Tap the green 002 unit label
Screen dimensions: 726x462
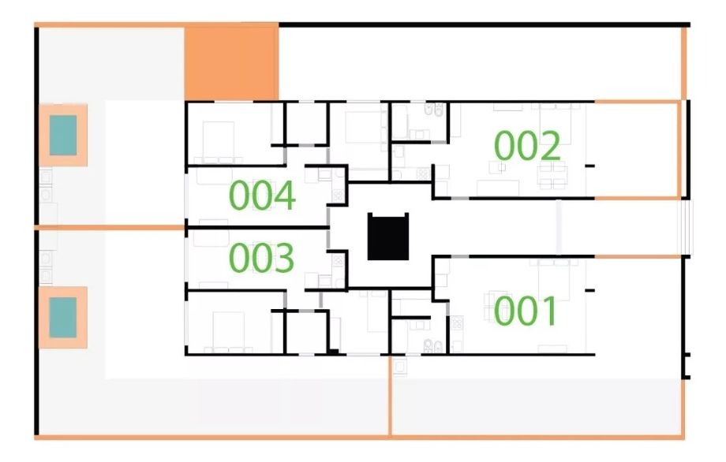pos(527,145)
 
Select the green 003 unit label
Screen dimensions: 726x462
pos(262,257)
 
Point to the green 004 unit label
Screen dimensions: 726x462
pos(262,196)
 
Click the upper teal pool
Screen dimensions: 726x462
pos(63,135)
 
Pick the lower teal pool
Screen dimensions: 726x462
pos(63,317)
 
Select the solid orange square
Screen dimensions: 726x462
pos(231,62)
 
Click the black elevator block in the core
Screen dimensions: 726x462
pos(388,237)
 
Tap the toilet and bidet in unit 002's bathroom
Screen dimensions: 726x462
pos(434,109)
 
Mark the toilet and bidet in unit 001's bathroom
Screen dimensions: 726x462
pos(433,345)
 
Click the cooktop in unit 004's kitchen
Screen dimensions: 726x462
pos(338,196)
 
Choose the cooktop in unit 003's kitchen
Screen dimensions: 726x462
pos(338,260)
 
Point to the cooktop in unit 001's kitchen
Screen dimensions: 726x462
pos(457,322)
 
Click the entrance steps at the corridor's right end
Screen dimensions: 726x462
pos(685,227)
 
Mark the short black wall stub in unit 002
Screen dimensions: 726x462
pos(589,166)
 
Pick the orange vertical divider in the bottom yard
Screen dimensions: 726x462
pos(389,396)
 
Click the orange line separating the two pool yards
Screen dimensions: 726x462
pos(110,227)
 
